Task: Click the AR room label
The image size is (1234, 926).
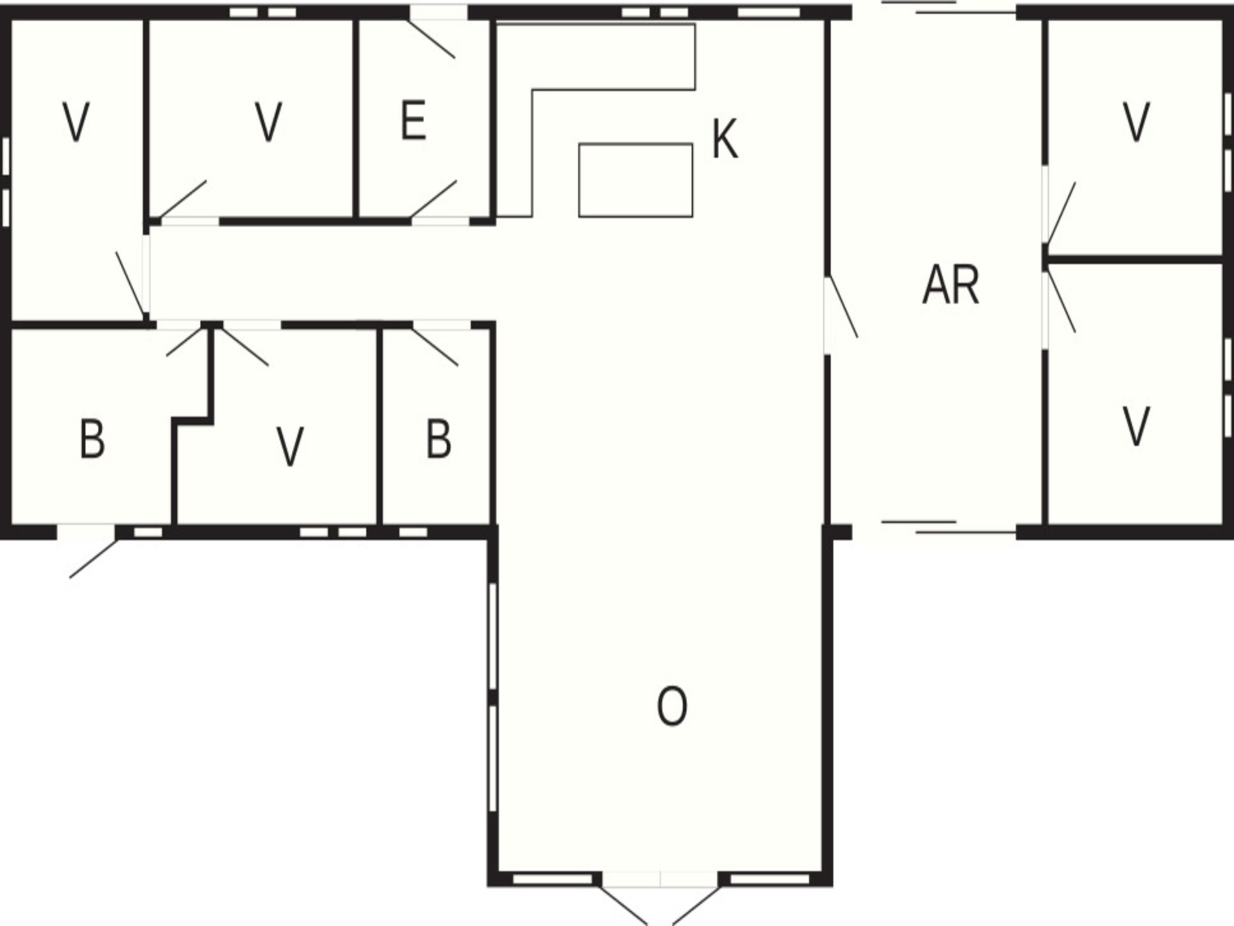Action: coord(951,285)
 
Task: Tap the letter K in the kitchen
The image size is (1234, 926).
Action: coord(725,138)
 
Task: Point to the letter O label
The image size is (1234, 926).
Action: coord(672,705)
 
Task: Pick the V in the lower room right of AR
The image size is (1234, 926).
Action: coord(1136,426)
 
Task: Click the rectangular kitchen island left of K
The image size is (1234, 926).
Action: coord(636,180)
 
